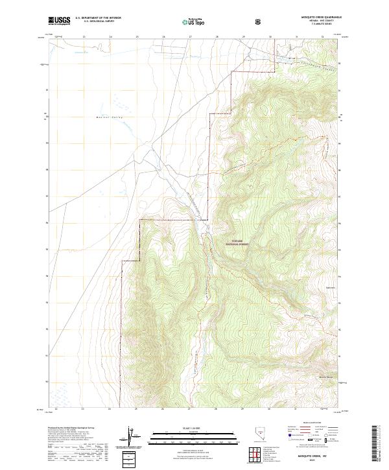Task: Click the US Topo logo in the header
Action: (189, 21)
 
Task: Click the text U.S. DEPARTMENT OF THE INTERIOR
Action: (98, 18)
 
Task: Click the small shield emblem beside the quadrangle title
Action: (259, 21)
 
